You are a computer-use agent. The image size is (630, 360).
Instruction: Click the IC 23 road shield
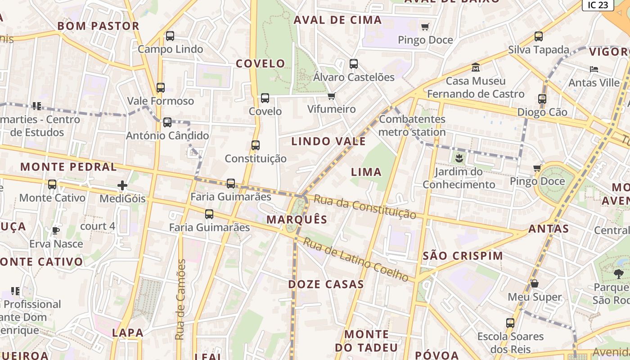coord(598,5)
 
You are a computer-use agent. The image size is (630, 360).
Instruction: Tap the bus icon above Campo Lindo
coord(170,36)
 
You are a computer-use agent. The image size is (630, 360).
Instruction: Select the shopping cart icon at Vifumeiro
coord(332,96)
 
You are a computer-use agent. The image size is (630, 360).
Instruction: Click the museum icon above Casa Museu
coord(476,68)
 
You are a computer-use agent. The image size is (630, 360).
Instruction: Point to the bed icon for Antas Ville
coord(594,69)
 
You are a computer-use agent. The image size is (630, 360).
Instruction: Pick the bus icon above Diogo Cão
coord(542,99)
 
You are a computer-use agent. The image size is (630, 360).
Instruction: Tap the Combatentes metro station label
coord(412,126)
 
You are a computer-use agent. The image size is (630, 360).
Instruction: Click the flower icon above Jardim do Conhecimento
coord(459,158)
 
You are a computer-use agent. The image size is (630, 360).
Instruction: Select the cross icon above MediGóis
coord(122,185)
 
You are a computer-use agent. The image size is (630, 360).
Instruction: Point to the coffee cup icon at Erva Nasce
coord(56,231)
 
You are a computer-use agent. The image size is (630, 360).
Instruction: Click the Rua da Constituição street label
coord(364,207)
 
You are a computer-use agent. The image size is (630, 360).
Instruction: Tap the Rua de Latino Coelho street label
coord(355,259)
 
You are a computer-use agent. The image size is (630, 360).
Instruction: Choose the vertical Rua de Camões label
coord(180,299)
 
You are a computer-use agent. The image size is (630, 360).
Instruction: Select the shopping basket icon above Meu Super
coord(535,283)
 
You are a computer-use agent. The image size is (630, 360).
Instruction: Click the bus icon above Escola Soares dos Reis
coord(510,323)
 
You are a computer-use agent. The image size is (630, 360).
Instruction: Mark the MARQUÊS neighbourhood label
coord(297,220)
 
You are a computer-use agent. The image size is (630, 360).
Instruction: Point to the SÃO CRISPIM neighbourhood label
coord(463,256)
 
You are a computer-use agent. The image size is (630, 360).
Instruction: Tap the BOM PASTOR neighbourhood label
coord(99,26)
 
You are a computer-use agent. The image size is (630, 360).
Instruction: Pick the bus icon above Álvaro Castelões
coord(354,64)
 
